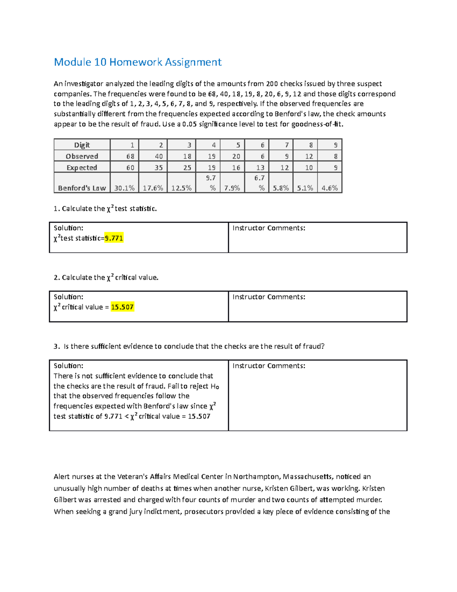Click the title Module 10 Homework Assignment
click(137, 62)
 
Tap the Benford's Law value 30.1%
click(125, 188)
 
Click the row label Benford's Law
click(82, 188)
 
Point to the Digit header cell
click(82, 145)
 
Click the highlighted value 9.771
click(114, 238)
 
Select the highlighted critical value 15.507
click(122, 307)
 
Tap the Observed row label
click(82, 156)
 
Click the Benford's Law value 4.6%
click(329, 188)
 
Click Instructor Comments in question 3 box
click(269, 366)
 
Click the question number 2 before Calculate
click(56, 278)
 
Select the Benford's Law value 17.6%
click(153, 188)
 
